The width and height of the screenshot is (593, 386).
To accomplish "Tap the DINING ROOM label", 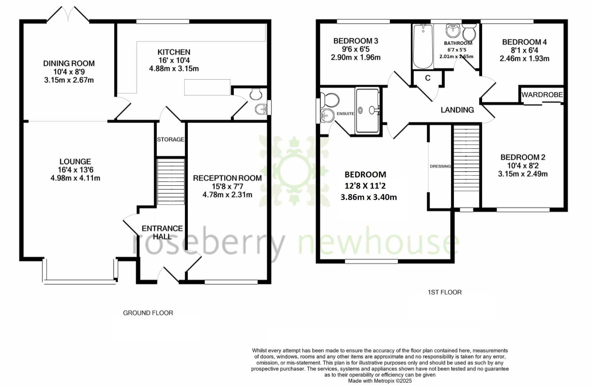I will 69,64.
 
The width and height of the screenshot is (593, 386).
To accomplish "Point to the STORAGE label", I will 171,140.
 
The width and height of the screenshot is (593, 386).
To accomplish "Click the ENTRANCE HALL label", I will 162,232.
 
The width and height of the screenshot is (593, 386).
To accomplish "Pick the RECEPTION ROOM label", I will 227,178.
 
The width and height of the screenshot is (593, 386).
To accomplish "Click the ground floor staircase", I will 171,182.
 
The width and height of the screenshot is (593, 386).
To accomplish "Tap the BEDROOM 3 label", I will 356,41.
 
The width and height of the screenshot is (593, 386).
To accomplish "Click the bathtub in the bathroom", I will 423,46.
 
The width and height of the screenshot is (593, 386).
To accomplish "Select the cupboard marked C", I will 427,78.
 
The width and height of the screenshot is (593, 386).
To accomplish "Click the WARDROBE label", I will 542,95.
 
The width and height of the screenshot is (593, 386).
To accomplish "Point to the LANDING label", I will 457,110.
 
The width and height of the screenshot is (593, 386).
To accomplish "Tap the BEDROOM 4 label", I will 524,42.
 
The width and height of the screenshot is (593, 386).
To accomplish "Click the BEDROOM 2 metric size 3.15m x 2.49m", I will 522,174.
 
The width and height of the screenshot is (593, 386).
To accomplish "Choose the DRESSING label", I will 440,166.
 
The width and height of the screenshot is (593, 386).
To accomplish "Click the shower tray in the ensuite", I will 367,110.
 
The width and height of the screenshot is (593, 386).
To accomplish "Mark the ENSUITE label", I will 345,114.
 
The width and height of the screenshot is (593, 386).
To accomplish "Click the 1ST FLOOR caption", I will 445,292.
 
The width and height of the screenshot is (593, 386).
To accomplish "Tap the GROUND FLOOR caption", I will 148,313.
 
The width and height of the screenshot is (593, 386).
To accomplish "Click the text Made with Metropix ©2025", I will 380,381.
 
